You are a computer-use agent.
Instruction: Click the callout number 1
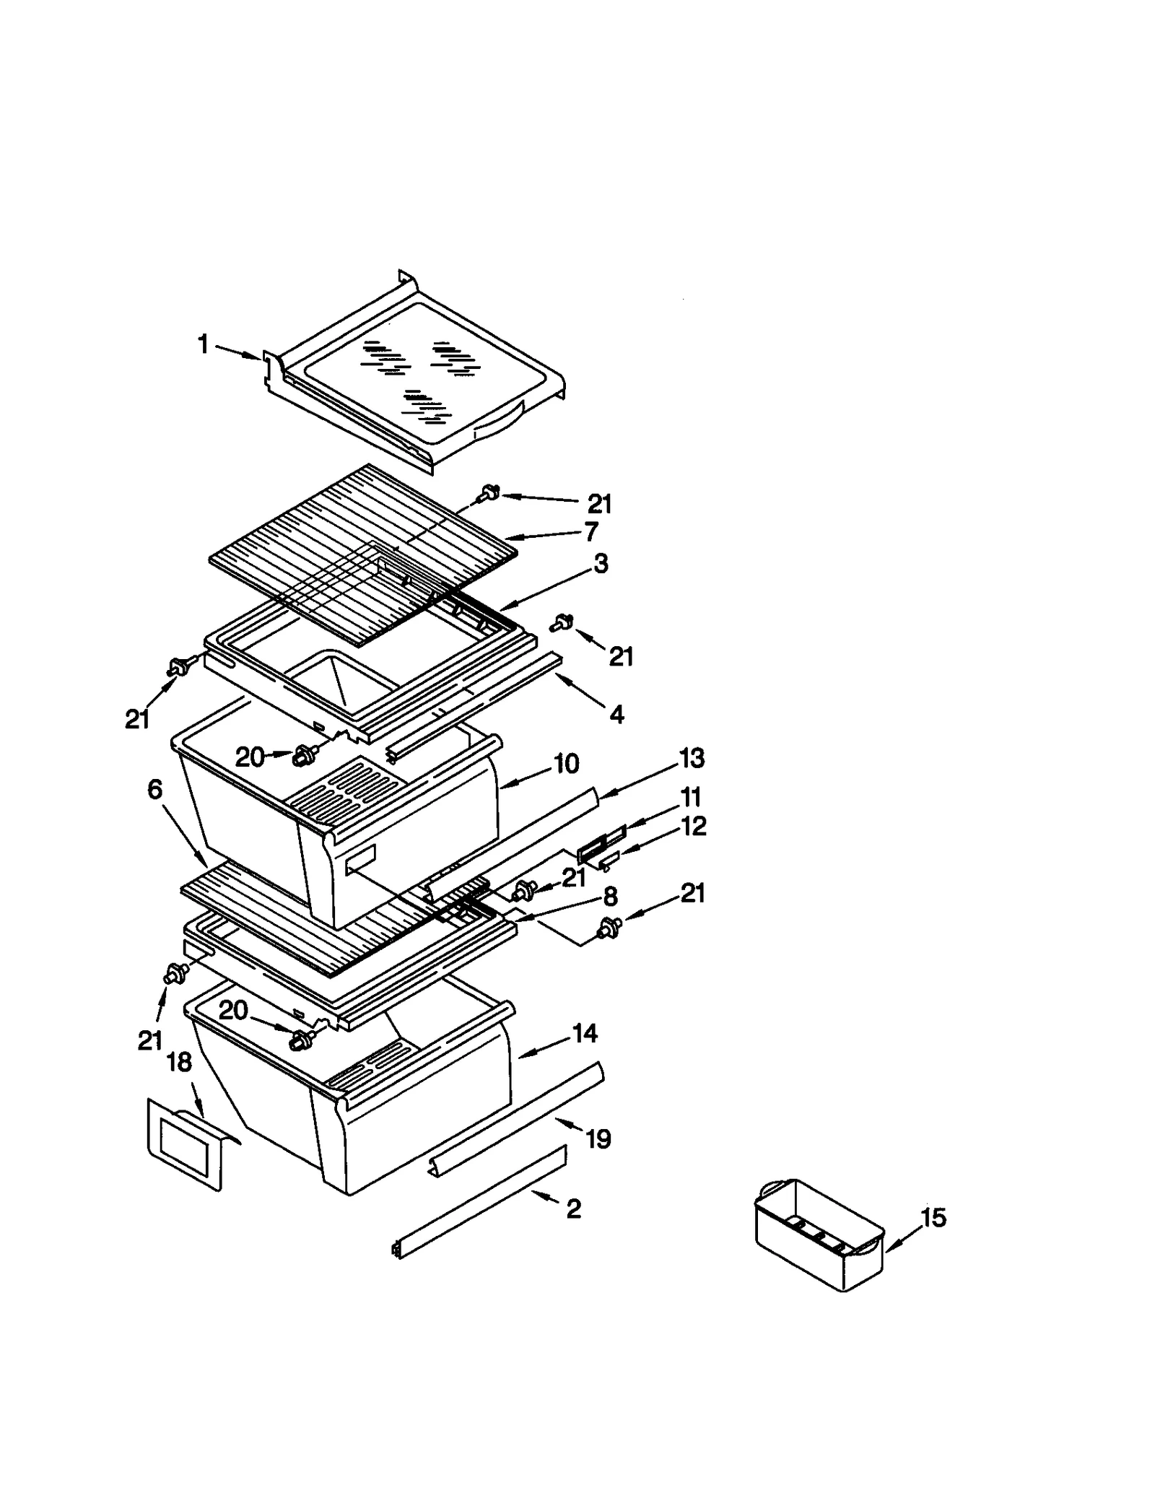point(203,344)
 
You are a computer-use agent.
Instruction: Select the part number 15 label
point(933,1217)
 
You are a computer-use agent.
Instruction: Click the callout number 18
point(179,1061)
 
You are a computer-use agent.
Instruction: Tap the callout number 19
point(598,1138)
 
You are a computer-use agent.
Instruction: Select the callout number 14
point(585,1033)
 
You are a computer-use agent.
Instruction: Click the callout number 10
point(566,763)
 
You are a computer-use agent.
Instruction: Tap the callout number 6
point(154,789)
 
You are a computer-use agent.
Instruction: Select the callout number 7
point(591,531)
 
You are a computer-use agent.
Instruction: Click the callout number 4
point(616,714)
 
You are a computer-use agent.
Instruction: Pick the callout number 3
point(601,563)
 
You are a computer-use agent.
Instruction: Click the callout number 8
point(610,897)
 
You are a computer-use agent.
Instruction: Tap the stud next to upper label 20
point(304,757)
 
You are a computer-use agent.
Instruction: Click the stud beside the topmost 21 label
point(491,494)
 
